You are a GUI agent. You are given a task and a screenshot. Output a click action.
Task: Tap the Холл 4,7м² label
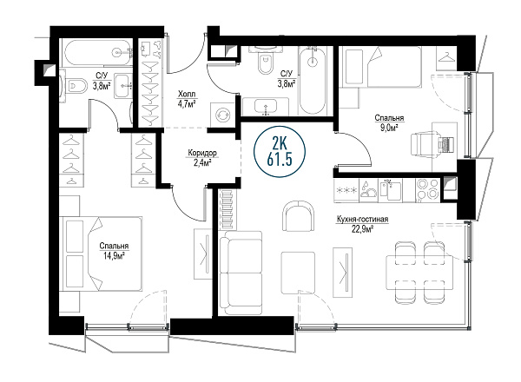pyautogui.click(x=186, y=99)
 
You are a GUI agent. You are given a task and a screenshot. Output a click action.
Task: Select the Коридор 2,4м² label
pyautogui.click(x=202, y=157)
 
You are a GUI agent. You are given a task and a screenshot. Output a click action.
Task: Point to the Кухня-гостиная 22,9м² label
pyautogui.click(x=362, y=224)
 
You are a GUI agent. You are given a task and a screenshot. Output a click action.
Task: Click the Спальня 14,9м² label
pyautogui.click(x=114, y=250)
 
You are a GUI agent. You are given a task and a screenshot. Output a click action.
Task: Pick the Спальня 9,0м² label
pyautogui.click(x=389, y=122)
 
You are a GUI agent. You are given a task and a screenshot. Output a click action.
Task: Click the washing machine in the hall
pyautogui.click(x=223, y=115)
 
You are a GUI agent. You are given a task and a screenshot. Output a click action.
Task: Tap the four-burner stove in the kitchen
pyautogui.click(x=427, y=189)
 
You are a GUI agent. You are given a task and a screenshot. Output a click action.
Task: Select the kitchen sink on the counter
pyautogui.click(x=391, y=189)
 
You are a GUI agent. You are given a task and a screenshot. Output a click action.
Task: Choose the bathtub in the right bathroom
pyautogui.click(x=313, y=80)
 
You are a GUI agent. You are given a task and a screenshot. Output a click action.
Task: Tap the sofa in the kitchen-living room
pyautogui.click(x=241, y=273)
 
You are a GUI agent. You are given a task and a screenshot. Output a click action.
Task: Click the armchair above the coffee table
pyautogui.click(x=299, y=216)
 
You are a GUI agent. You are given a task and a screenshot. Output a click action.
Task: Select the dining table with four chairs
pyautogui.click(x=419, y=272)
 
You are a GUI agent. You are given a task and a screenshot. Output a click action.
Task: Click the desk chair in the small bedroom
pyautogui.click(x=428, y=144)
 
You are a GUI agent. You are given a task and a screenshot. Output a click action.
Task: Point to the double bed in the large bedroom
pyautogui.click(x=101, y=254)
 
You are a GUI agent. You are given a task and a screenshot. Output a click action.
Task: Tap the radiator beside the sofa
pyautogui.click(x=228, y=209)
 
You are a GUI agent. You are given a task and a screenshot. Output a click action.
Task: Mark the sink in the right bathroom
pyautogui.click(x=266, y=107)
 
